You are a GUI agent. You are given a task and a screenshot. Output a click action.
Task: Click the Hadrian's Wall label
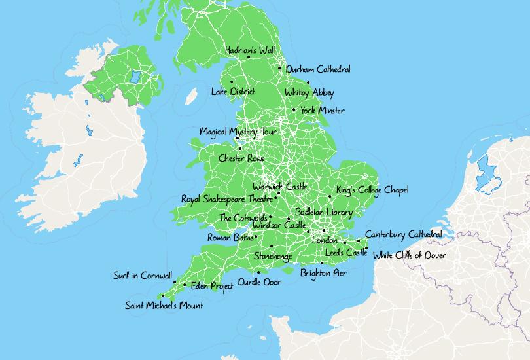pyautogui.click(x=249, y=50)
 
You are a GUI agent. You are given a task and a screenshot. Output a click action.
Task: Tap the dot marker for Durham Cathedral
pyautogui.click(x=279, y=68)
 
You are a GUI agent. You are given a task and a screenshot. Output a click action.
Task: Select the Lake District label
pyautogui.click(x=232, y=92)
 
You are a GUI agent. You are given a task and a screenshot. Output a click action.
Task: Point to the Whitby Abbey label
pyautogui.click(x=309, y=92)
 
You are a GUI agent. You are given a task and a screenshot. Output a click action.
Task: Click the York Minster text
pyautogui.click(x=322, y=111)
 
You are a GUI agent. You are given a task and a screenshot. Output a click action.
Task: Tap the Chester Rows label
pyautogui.click(x=241, y=158)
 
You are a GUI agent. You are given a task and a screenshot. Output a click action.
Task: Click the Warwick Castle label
pyautogui.click(x=279, y=187)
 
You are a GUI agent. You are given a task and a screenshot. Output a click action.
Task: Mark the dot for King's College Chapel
pyautogui.click(x=330, y=196)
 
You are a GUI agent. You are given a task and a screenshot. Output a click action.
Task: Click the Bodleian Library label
pyautogui.click(x=323, y=212)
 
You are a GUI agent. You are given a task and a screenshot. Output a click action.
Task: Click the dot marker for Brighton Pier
pyautogui.click(x=322, y=263)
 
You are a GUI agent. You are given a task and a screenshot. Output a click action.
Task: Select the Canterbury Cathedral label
pyautogui.click(x=403, y=234)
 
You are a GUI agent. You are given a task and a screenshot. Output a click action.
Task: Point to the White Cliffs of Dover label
pyautogui.click(x=409, y=255)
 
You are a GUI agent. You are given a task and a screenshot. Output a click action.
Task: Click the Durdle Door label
pyautogui.click(x=259, y=282)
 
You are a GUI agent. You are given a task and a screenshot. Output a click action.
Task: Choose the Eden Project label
pyautogui.click(x=212, y=286)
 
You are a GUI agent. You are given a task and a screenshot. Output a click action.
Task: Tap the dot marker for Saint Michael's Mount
pyautogui.click(x=162, y=296)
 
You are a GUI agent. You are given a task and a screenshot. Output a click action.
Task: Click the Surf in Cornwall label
pyautogui.click(x=142, y=276)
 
